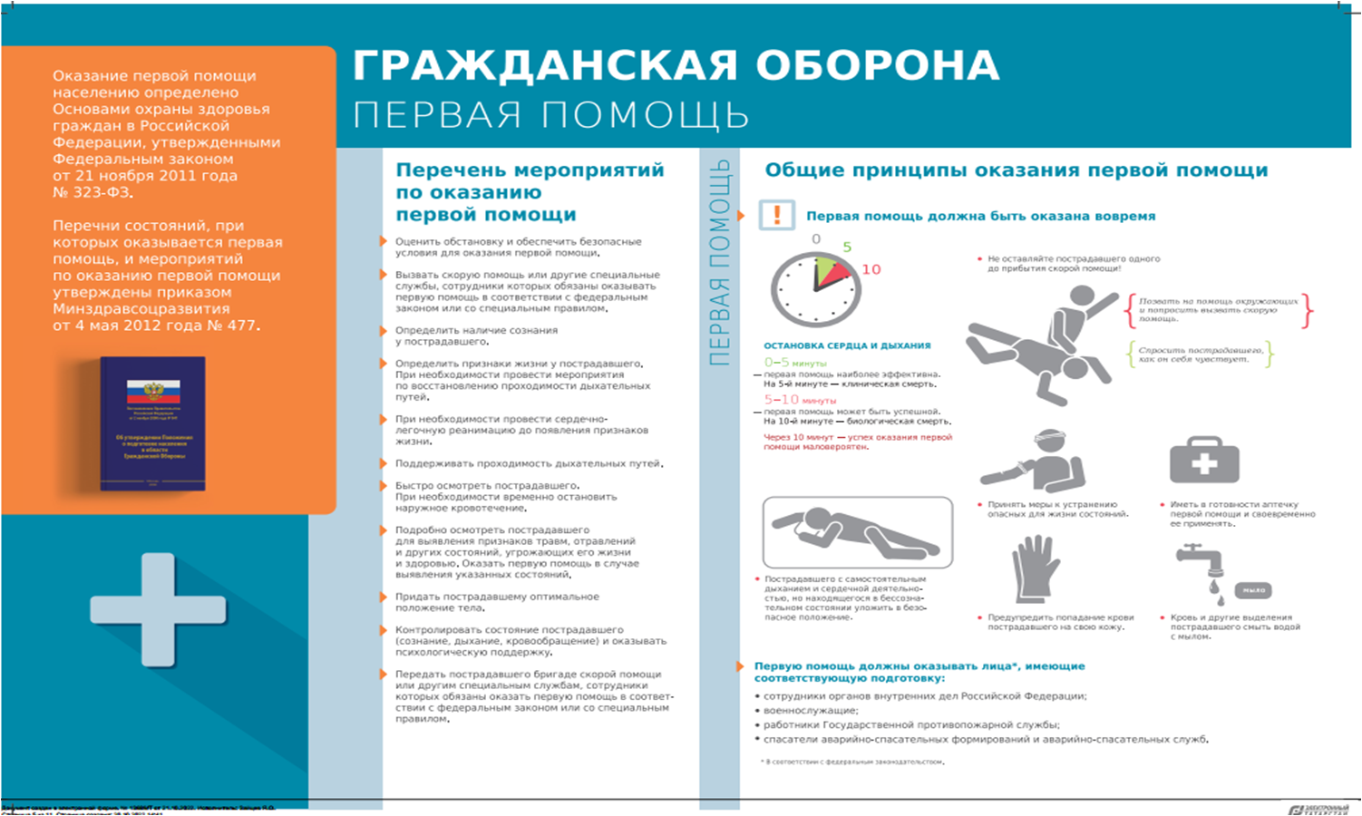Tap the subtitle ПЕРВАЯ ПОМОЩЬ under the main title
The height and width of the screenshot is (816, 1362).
click(x=550, y=116)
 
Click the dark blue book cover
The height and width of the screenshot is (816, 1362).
click(x=152, y=423)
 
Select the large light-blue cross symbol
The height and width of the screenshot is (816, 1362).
click(x=158, y=610)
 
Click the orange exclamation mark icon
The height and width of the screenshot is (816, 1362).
click(x=776, y=216)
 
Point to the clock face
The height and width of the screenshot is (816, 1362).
click(x=814, y=288)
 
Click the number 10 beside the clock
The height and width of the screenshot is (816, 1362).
click(x=871, y=269)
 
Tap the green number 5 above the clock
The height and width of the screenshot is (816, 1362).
click(x=847, y=247)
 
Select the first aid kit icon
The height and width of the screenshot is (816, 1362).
click(x=1203, y=461)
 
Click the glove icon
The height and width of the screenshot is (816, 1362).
click(x=1036, y=569)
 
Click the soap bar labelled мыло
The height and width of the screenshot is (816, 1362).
click(x=1254, y=590)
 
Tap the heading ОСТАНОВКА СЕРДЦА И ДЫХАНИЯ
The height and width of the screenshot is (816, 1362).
click(x=847, y=345)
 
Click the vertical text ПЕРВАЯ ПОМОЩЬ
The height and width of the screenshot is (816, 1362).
click(x=719, y=263)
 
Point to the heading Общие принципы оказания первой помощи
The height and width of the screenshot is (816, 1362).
click(x=1016, y=170)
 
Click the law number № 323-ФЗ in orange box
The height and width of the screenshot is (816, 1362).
click(x=92, y=192)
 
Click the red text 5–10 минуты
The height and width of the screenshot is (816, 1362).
click(x=800, y=400)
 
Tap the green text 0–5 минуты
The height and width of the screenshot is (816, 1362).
click(x=795, y=363)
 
